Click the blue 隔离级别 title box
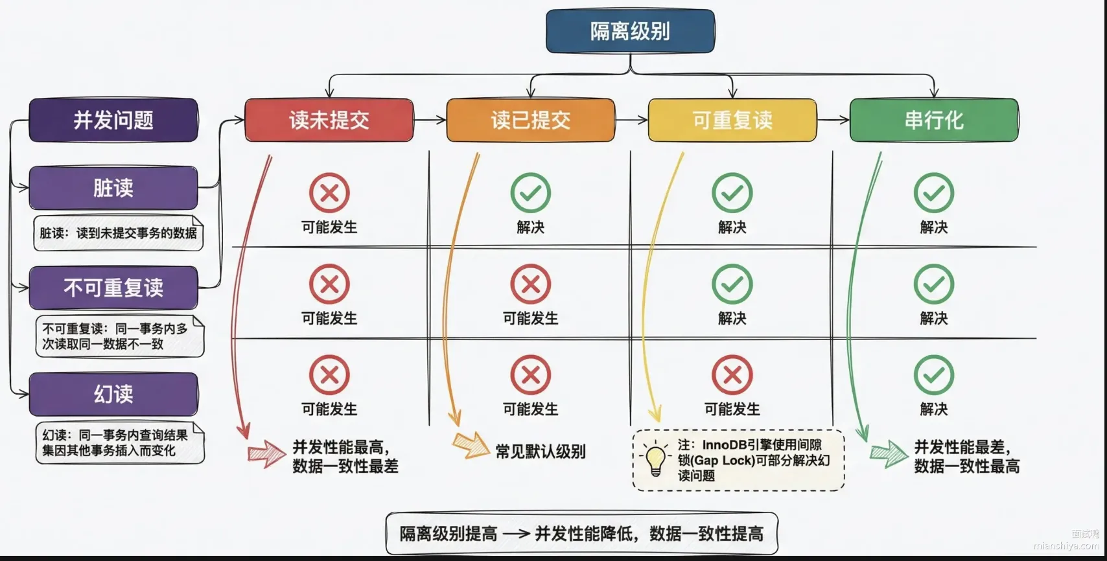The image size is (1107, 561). point(630,31)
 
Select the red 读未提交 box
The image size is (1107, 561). point(329,120)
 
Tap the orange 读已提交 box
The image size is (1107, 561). point(531,120)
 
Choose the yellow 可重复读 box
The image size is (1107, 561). point(732,120)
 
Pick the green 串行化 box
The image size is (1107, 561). point(934,120)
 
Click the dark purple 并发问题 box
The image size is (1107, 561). point(113,120)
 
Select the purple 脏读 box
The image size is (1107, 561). point(113,188)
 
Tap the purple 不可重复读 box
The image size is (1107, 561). point(113,288)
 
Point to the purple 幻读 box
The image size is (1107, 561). point(113,394)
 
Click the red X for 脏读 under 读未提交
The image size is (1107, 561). point(329,192)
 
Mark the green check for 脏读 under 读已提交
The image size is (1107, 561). point(531,192)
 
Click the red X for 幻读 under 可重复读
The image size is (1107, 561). point(732,375)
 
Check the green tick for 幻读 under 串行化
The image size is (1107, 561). point(934,375)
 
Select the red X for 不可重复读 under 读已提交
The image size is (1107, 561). point(531,284)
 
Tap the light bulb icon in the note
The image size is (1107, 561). point(655,459)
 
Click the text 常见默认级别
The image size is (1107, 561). point(540,452)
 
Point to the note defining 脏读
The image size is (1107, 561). point(119,233)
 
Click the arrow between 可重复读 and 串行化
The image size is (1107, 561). point(833,119)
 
